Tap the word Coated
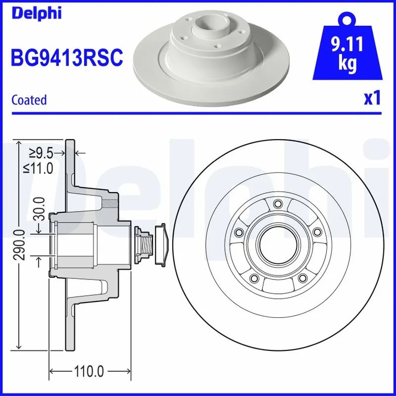29,100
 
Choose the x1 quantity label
372,98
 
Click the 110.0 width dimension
89,372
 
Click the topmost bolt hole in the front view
277,205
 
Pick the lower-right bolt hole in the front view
301,278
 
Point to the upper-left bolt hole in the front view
238,233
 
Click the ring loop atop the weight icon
346,19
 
